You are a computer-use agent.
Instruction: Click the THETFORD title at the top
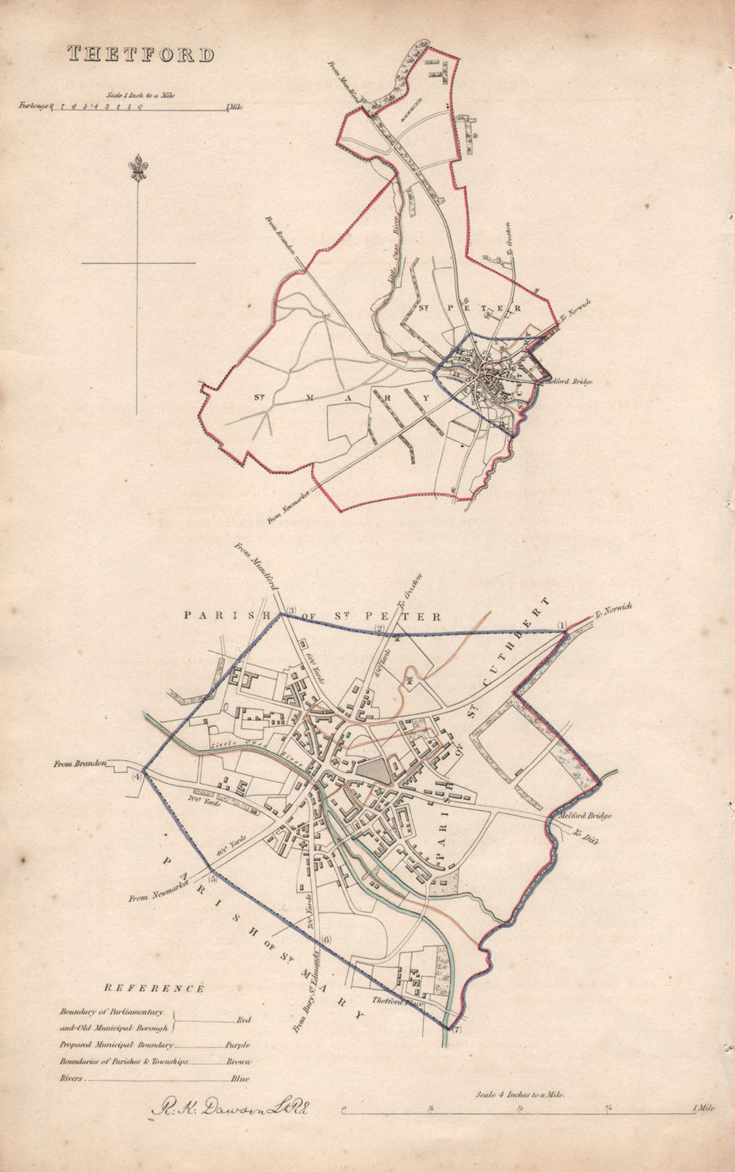pyautogui.click(x=141, y=54)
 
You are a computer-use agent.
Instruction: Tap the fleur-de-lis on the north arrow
pyautogui.click(x=137, y=169)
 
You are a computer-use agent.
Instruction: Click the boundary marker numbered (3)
pyautogui.click(x=290, y=610)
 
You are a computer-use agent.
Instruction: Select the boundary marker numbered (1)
pyautogui.click(x=562, y=626)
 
